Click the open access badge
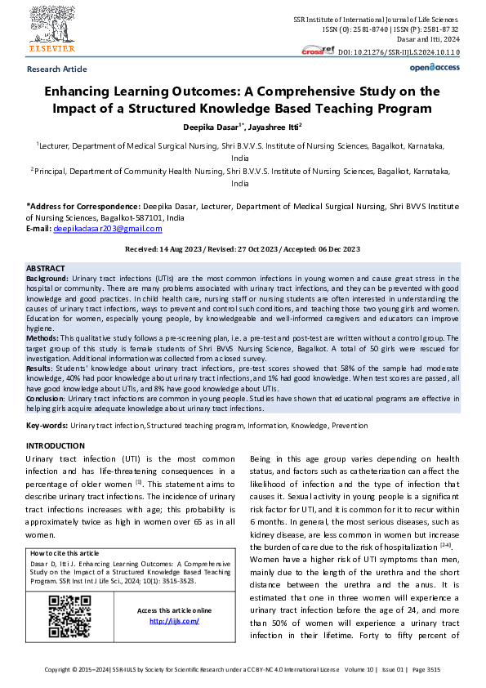434,68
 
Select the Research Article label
56,69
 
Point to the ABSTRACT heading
46,268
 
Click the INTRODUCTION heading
56,445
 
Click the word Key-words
46,426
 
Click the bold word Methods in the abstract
42,337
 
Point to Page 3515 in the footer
425,669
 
